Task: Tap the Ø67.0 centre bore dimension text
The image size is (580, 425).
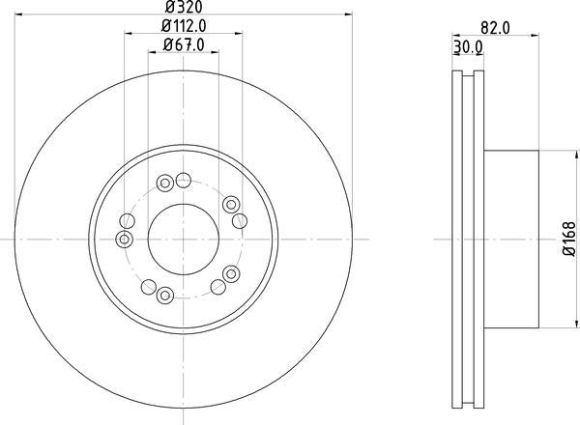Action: click(x=182, y=43)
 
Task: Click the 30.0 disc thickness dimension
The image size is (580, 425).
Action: click(x=468, y=45)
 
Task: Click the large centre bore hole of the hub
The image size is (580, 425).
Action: click(x=183, y=239)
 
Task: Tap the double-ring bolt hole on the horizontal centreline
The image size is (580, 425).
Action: click(x=124, y=239)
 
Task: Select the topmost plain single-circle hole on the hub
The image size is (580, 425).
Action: click(x=183, y=177)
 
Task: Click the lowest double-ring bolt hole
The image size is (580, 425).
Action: click(x=165, y=295)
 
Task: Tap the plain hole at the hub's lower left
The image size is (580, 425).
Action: click(x=148, y=287)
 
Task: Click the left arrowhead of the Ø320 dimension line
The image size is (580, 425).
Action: click(x=20, y=14)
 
